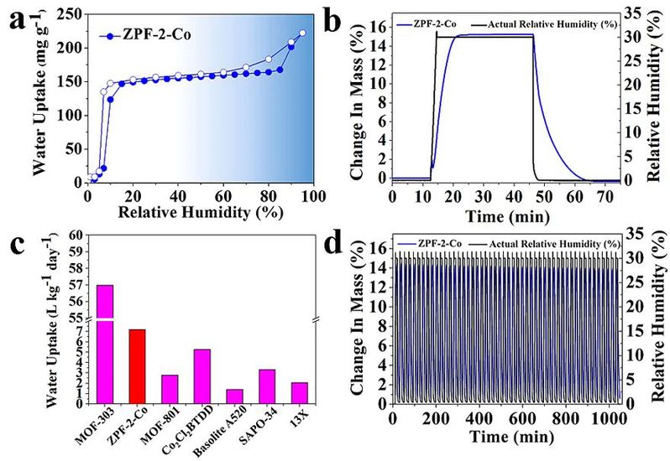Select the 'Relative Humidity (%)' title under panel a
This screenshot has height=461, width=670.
pos(199,215)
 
